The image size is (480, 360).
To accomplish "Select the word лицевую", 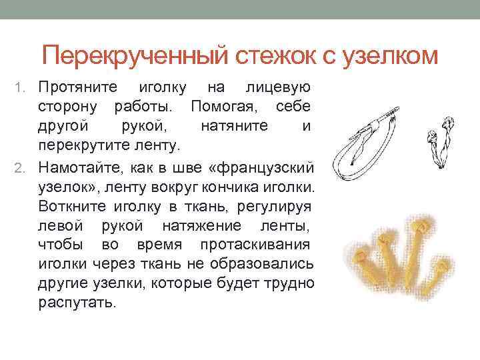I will point(279,87).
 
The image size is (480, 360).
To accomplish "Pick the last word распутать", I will point(77,301).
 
